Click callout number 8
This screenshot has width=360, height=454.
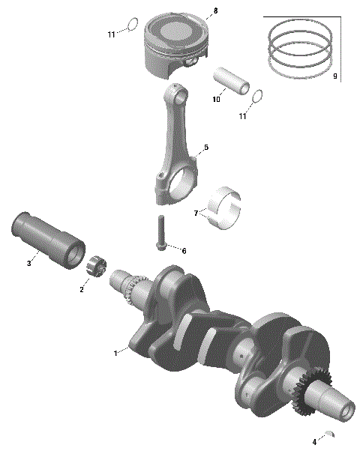click(215, 10)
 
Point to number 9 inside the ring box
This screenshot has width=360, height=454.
click(334, 76)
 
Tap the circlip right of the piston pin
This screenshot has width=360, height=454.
click(256, 97)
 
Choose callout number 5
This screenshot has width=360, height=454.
click(206, 148)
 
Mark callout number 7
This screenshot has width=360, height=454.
click(196, 214)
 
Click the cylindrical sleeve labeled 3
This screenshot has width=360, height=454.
click(49, 238)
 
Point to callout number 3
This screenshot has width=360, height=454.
click(29, 263)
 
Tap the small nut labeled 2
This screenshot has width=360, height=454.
click(95, 265)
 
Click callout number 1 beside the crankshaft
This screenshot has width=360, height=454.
click(115, 352)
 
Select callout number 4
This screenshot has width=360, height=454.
click(314, 442)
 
